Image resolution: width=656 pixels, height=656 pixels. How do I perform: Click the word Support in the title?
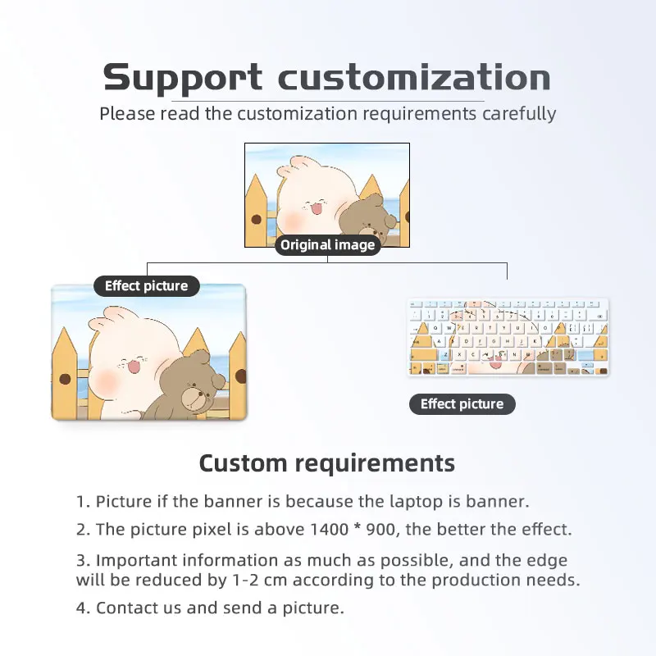tap(182, 79)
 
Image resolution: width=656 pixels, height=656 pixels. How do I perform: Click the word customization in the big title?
tap(414, 79)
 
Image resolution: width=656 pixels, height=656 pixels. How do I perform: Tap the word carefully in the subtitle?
tap(518, 113)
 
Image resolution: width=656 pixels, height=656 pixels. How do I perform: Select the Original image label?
tap(328, 244)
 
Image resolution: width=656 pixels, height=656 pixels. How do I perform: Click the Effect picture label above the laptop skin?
tap(147, 285)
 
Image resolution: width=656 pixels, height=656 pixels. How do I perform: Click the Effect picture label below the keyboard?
tap(462, 403)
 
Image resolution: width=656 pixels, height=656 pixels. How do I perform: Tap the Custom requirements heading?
tap(327, 462)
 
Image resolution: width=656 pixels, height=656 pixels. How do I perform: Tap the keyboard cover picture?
tap(508, 338)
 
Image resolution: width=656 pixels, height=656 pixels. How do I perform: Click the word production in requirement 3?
tap(474, 580)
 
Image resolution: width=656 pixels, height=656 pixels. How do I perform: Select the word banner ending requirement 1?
tap(502, 501)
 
